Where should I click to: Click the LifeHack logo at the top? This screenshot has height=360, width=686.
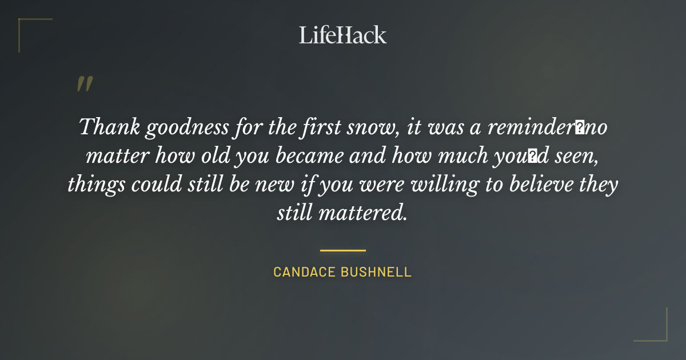(342, 35)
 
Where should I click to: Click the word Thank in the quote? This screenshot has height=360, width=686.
(109, 127)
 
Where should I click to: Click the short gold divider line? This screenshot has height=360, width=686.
(342, 250)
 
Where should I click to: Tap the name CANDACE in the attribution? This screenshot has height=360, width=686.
(304, 272)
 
